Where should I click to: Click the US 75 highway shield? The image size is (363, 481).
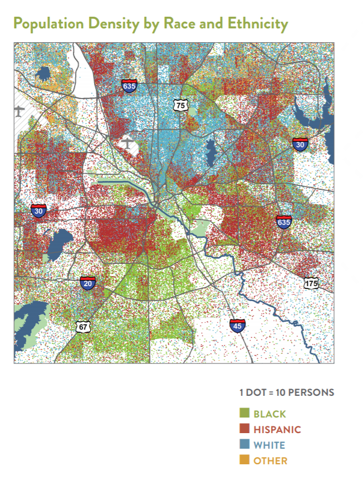[x=179, y=105]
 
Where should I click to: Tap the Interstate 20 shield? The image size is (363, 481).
[x=87, y=282]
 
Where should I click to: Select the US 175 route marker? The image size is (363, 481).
[x=311, y=283]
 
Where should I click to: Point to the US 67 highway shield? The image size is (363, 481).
[x=83, y=326]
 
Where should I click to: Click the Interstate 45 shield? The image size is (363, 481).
[x=237, y=326]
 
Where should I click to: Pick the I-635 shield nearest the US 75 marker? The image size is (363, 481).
[x=129, y=86]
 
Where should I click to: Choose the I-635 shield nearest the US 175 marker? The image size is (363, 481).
[x=283, y=222]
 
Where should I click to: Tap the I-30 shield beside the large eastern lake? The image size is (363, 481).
[x=300, y=144]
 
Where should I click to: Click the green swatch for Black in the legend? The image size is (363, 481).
[x=244, y=414]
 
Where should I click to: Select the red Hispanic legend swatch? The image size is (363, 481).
[x=244, y=429]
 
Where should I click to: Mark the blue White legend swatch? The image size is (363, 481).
[x=244, y=445]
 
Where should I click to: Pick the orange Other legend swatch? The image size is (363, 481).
[x=244, y=460]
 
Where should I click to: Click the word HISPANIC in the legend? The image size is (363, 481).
[x=277, y=430]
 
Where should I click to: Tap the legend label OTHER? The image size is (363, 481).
[x=270, y=461]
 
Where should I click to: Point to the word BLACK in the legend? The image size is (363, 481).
[x=269, y=414]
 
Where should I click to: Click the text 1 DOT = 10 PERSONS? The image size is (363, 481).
[x=286, y=392]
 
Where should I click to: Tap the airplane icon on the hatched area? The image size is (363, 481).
[x=19, y=110]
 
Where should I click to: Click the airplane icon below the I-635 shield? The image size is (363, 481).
[x=129, y=144]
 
